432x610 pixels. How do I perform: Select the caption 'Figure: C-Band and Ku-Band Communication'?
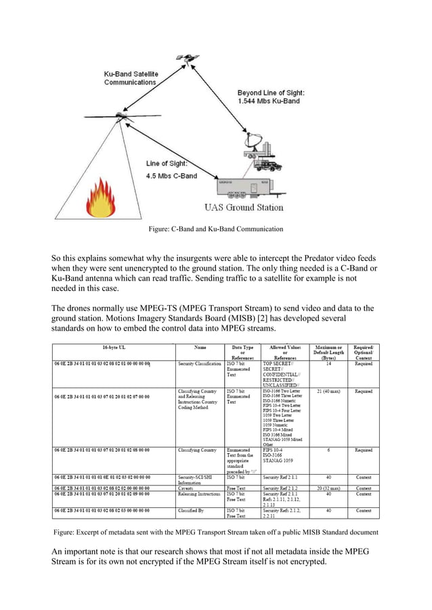(x=215, y=229)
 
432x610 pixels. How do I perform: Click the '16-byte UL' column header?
(x=113, y=348)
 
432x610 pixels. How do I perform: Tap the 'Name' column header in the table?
(x=200, y=348)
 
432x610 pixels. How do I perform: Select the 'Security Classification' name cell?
(x=200, y=364)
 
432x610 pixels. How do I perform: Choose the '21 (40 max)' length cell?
(x=328, y=391)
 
